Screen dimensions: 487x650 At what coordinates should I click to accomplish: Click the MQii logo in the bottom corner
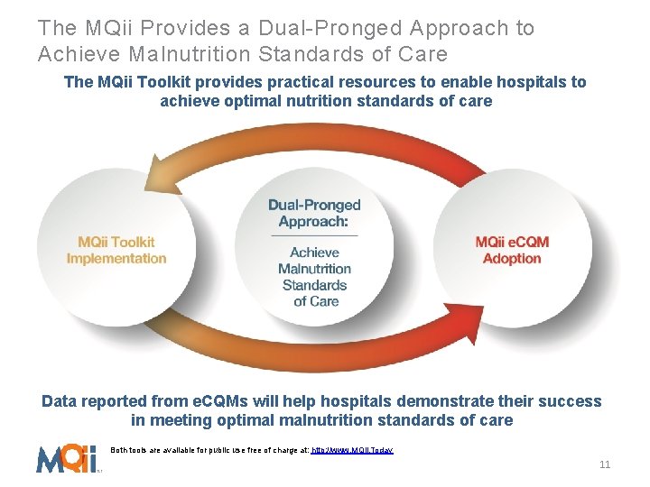click(x=66, y=458)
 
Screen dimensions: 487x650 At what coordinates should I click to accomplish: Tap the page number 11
click(x=605, y=464)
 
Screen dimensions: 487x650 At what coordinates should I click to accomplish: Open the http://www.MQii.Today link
click(x=352, y=448)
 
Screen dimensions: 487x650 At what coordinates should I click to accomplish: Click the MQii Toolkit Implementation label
click(x=116, y=250)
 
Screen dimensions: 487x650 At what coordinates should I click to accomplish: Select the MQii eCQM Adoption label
click(x=512, y=250)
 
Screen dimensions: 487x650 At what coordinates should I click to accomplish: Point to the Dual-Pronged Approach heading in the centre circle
click(x=314, y=213)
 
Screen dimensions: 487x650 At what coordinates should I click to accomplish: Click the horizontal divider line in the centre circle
click(x=314, y=235)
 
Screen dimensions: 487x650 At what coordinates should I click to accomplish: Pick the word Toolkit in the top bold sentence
click(x=158, y=82)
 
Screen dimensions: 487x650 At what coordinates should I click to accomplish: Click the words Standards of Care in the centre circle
click(x=314, y=293)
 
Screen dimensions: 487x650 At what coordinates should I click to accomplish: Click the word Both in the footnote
click(x=121, y=448)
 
